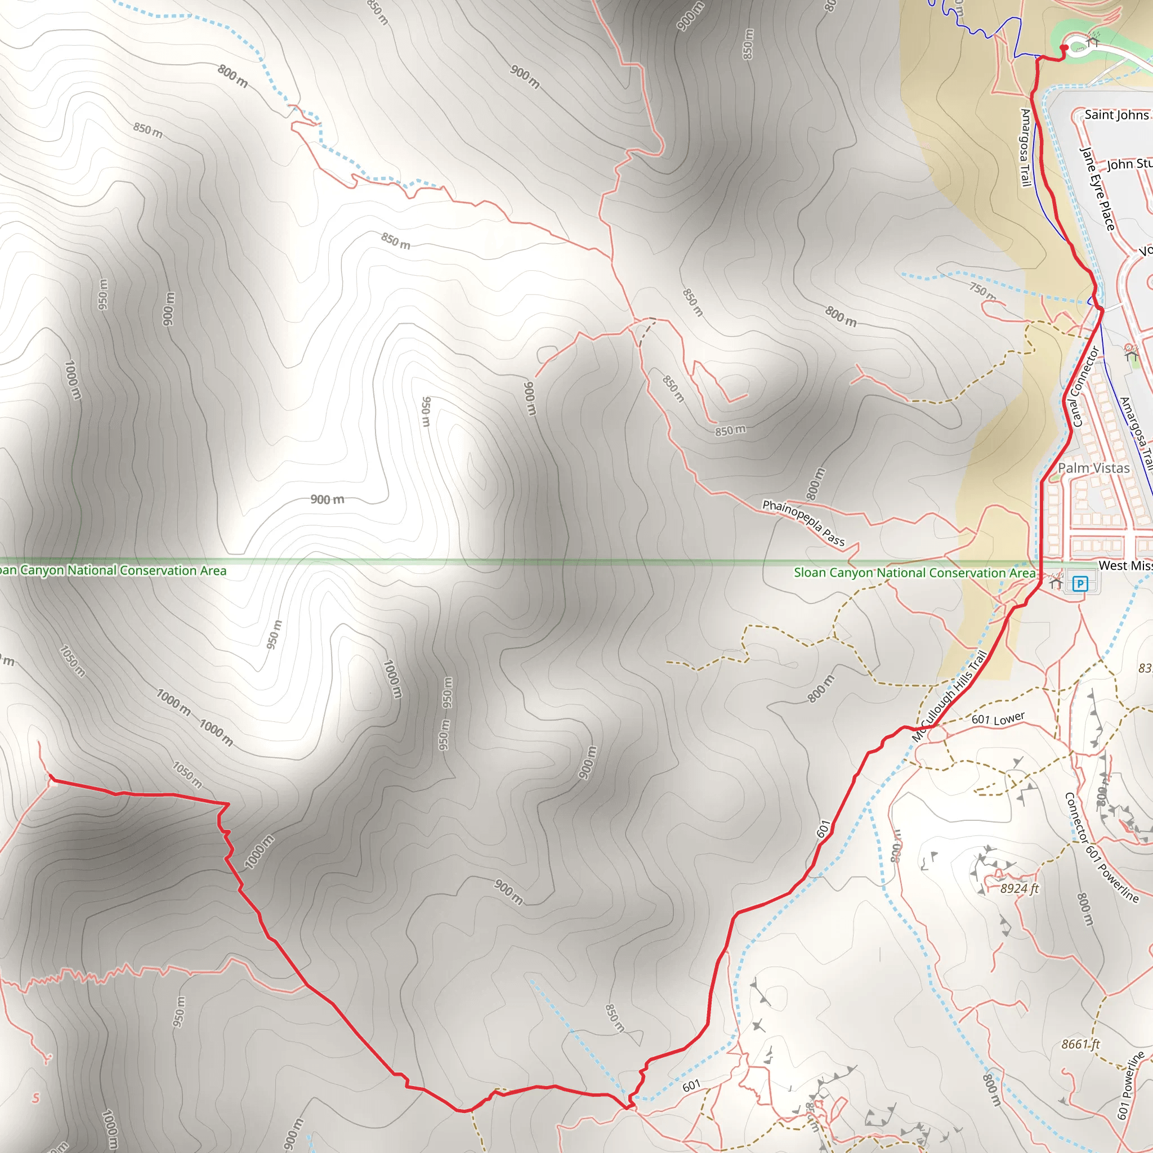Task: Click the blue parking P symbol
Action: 1080,583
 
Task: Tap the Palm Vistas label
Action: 1093,468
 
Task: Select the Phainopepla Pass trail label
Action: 803,523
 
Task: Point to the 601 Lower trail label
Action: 998,718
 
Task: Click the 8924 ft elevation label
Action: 1020,888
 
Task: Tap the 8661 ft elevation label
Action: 1080,1044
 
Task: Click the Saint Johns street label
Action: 1116,115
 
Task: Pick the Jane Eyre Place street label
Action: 1097,189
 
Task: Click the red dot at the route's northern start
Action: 1063,48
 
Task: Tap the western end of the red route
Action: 51,778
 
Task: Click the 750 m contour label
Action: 982,291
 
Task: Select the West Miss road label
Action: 1124,565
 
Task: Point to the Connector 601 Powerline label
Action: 1102,847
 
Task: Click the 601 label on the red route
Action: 824,829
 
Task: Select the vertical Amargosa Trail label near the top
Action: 1025,148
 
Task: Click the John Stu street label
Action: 1129,163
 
